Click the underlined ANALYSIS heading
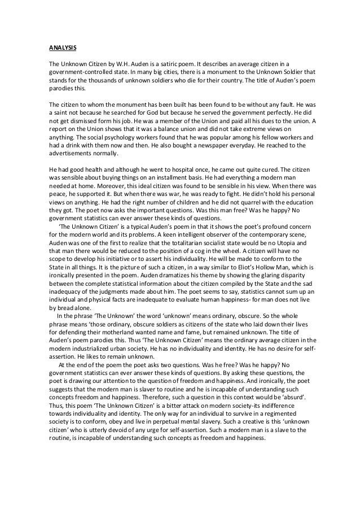[60, 47]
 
